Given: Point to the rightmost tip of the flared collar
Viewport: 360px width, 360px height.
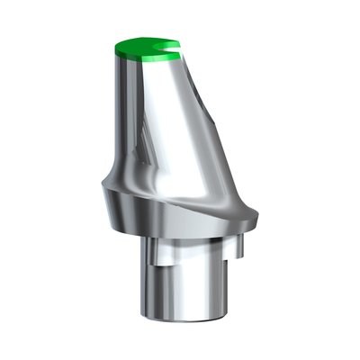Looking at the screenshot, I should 258,214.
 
